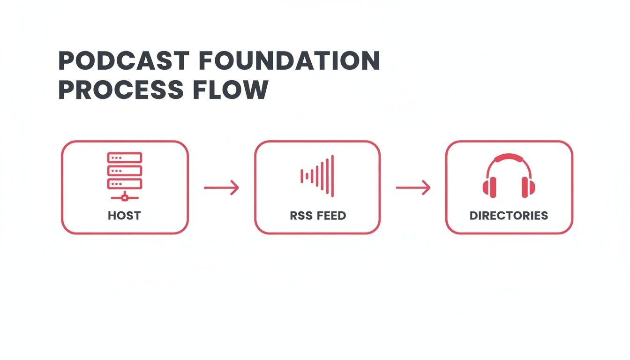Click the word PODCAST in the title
[x=124, y=60]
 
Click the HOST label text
[x=124, y=216]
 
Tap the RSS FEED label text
[x=317, y=216]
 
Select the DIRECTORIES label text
[x=509, y=216]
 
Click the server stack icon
[x=125, y=176]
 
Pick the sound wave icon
[x=317, y=176]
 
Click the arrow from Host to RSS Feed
[x=221, y=188]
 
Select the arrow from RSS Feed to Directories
[x=413, y=188]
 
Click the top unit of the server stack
[x=125, y=157]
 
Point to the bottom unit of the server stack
[x=125, y=183]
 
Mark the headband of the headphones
[x=509, y=158]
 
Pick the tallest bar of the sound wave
[x=332, y=176]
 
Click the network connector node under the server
[x=125, y=198]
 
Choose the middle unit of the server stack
[x=125, y=170]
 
